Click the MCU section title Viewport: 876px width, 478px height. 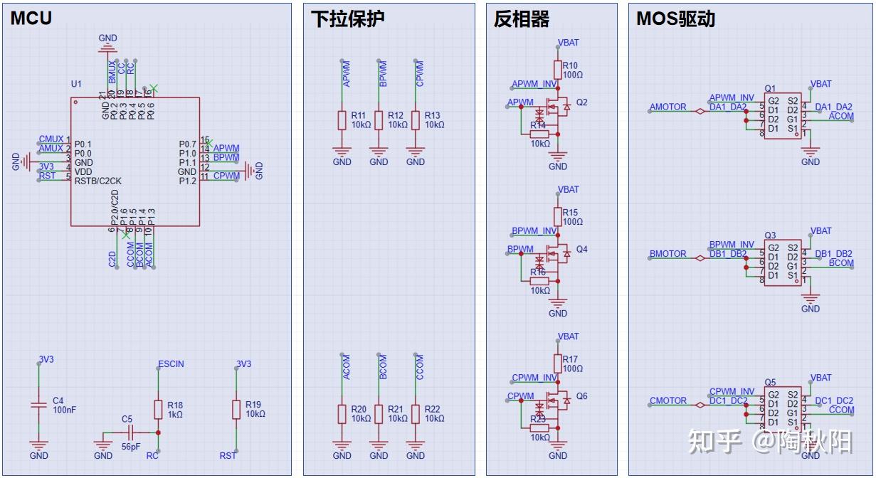31,18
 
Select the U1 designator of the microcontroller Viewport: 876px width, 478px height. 76,84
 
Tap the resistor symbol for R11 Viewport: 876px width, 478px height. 342,120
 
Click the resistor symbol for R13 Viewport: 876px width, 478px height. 416,120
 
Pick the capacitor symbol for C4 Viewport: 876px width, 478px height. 39,405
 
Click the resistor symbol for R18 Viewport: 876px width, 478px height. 158,409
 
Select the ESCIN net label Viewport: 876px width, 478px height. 171,363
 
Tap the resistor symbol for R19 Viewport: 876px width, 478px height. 237,409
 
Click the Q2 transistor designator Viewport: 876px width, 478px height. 582,102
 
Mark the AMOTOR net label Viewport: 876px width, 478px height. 667,107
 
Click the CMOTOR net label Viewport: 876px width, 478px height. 668,401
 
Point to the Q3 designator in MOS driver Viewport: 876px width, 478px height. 770,235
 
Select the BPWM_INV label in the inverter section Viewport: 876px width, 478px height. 534,231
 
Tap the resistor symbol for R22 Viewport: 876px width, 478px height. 416,414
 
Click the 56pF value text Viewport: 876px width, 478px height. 131,447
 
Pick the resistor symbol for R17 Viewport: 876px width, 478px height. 558,364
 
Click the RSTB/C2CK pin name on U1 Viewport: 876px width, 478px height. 97,181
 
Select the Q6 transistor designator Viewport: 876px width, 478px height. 582,396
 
